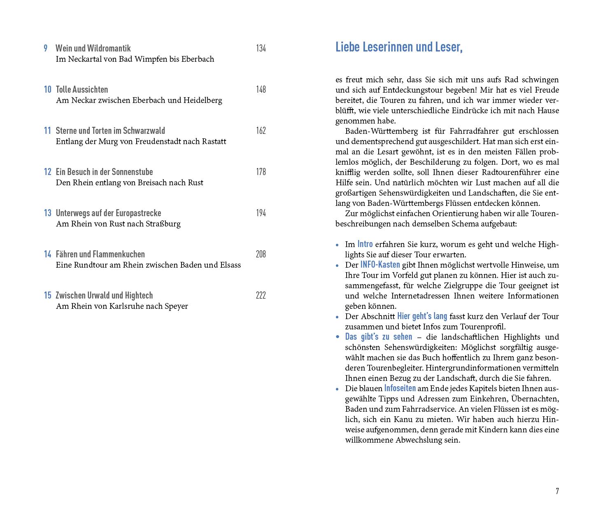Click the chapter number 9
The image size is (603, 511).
[x=46, y=48]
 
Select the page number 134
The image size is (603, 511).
[x=261, y=48]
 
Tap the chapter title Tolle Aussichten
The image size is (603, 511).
[x=82, y=89]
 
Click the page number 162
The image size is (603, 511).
[x=261, y=131]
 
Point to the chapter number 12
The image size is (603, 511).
[x=48, y=172]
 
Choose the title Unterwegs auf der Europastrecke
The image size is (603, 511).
[x=108, y=213]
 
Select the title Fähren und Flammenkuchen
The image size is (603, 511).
[x=100, y=254]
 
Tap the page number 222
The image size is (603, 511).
[x=261, y=295]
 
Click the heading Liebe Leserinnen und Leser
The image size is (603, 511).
[x=399, y=47]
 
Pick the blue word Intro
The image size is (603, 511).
[x=365, y=244]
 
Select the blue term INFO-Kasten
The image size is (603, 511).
[x=380, y=264]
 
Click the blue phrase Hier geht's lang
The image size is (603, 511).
[x=422, y=316]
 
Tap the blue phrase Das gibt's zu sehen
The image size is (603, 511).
[x=378, y=336]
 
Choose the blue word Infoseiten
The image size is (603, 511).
[x=400, y=388]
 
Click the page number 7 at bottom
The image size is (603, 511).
[x=557, y=491]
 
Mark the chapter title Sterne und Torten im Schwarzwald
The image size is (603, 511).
[x=110, y=131]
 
